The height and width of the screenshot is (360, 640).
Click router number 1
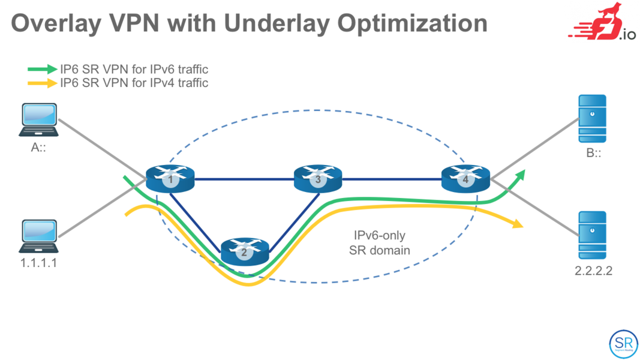(171, 178)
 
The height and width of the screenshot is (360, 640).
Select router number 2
(244, 251)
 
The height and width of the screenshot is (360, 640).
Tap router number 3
(318, 178)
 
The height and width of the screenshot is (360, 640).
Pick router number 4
(465, 178)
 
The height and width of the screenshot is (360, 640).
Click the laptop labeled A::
(39, 120)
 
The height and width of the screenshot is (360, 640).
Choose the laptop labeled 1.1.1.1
(39, 236)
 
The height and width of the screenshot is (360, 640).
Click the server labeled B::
(592, 118)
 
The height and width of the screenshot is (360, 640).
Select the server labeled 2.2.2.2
(592, 235)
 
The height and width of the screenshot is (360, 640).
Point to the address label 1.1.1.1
(39, 262)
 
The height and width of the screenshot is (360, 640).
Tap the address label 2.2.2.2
(593, 271)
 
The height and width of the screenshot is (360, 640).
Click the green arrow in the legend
(42, 70)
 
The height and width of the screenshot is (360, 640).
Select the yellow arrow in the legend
(42, 83)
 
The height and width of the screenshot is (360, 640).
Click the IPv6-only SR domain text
(380, 244)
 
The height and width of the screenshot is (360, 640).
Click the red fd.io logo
(600, 24)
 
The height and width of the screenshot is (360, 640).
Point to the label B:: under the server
(593, 154)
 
